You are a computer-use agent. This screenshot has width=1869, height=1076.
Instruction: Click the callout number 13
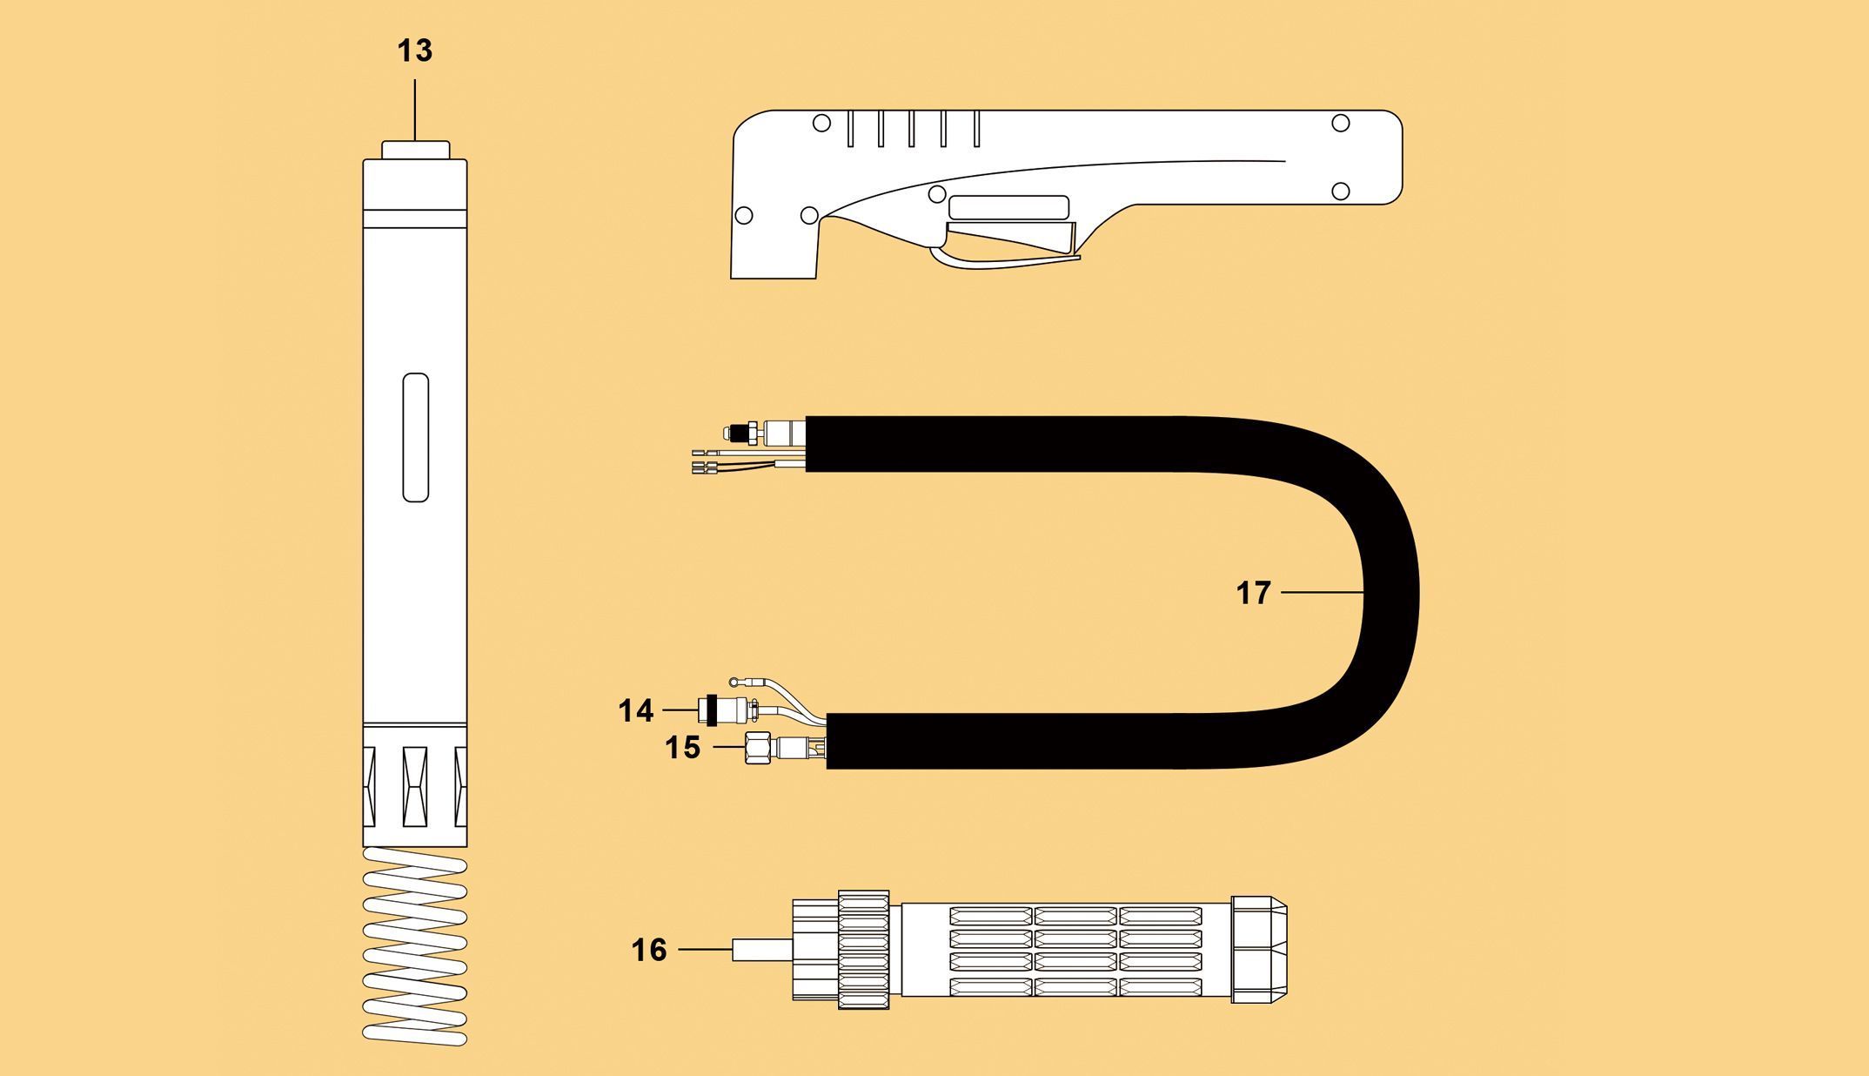coord(414,50)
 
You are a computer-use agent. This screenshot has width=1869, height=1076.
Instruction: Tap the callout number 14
coord(635,710)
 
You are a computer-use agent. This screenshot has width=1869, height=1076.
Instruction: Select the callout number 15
coord(682,747)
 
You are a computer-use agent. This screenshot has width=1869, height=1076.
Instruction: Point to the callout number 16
coord(649,950)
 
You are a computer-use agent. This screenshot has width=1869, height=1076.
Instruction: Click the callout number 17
coord(1254,593)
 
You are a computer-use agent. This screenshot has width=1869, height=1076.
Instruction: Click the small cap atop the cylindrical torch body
coord(415,151)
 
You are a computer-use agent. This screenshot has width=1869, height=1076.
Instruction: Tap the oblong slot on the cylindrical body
coord(416,437)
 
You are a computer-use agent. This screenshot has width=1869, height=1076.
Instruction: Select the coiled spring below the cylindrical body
coord(415,946)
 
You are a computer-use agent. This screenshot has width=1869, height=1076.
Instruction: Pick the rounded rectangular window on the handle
coord(1008,207)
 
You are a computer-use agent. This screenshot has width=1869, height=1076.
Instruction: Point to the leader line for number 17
coord(1322,593)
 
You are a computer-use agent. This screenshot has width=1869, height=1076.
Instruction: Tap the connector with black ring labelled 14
coord(727,709)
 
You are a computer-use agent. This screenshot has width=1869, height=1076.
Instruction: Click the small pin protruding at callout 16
coord(761,950)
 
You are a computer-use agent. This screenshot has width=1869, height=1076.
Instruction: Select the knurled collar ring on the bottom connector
coord(863,950)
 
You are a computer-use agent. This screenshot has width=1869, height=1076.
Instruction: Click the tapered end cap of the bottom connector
coord(1259,950)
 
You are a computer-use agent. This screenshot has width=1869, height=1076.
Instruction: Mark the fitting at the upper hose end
coord(765,430)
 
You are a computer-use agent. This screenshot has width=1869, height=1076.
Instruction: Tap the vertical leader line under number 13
coord(415,111)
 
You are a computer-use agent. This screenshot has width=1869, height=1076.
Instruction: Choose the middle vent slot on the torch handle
coord(912,129)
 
